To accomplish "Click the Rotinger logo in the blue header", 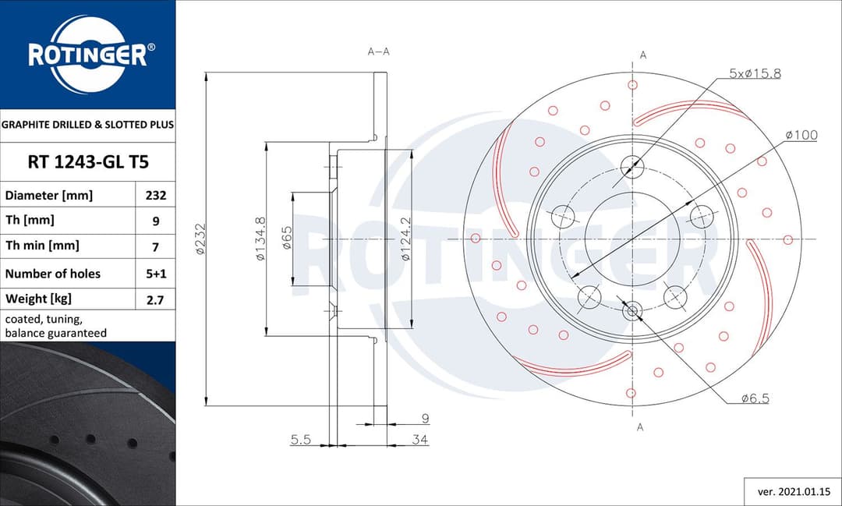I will (x=87, y=55).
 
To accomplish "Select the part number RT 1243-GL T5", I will (x=87, y=162).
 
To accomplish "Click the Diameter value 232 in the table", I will (x=156, y=196).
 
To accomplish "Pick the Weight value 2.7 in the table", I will (x=156, y=299).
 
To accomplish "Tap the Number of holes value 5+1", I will (x=156, y=274).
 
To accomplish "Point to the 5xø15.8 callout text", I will (x=754, y=73).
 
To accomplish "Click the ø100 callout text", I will (x=801, y=135).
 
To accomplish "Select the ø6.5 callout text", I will (x=755, y=398).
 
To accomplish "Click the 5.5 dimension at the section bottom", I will (x=301, y=440).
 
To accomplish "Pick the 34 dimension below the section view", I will (x=419, y=440).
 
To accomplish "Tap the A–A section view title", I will (x=378, y=52).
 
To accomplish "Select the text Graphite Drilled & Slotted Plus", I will (x=87, y=124).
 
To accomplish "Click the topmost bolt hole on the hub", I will (x=632, y=165).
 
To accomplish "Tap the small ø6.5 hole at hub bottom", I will (x=632, y=311).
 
